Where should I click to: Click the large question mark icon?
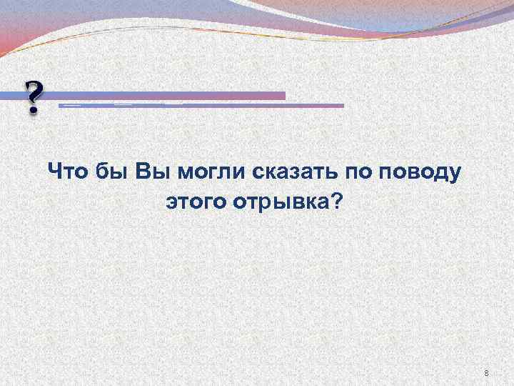[32, 97]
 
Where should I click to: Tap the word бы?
[111, 172]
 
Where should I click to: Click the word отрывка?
[276, 204]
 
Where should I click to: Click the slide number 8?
[486, 373]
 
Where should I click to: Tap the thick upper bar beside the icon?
[171, 95]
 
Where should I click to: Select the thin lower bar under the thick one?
[200, 105]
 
